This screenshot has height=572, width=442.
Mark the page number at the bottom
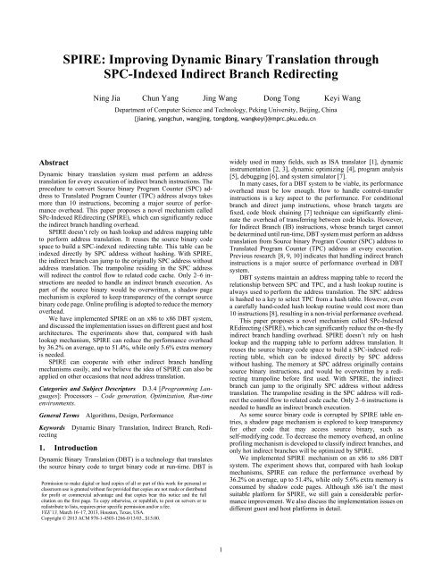pyautogui.click(x=221, y=556)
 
